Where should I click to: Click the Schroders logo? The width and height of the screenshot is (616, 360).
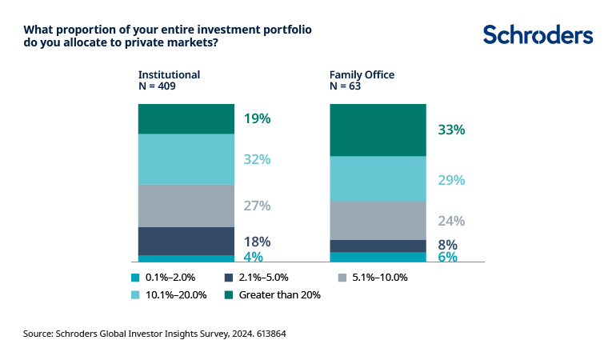538,35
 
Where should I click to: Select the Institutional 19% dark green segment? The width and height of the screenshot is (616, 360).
186,118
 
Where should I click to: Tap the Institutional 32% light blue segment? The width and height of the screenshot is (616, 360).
186,159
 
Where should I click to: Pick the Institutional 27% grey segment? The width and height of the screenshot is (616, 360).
186,206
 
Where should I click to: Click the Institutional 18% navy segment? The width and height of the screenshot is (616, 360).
186,241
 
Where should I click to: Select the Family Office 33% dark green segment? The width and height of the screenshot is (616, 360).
378,130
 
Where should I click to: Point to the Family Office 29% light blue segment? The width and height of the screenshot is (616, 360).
378,178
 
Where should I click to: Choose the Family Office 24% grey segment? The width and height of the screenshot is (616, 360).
378,220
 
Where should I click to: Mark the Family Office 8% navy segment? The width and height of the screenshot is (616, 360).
378,246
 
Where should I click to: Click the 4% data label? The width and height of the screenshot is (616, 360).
254,257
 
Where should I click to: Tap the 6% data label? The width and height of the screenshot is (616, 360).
447,257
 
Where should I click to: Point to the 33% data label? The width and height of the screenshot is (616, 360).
451,130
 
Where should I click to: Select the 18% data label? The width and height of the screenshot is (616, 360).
257,242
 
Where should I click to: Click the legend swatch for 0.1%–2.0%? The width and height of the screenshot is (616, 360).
134,278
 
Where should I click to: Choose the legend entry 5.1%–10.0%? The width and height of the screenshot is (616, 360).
378,278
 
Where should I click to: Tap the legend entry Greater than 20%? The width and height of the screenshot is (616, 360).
276,294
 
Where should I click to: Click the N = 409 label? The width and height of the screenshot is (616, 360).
157,86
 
